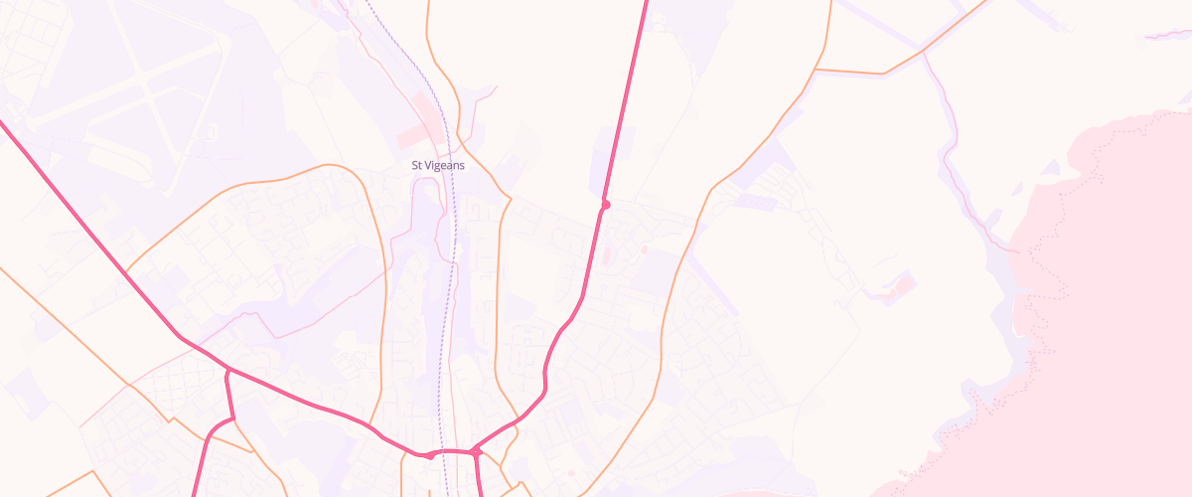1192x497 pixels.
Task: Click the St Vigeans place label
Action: tap(438, 165)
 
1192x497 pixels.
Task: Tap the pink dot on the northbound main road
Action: tap(605, 205)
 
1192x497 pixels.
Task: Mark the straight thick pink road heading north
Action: tap(626, 99)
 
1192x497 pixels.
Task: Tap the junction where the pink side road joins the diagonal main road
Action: tap(228, 370)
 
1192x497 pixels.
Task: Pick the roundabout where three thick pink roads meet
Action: tap(476, 451)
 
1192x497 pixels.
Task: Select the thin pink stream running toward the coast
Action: tap(964, 189)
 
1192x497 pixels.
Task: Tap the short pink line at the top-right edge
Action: tap(1167, 36)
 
